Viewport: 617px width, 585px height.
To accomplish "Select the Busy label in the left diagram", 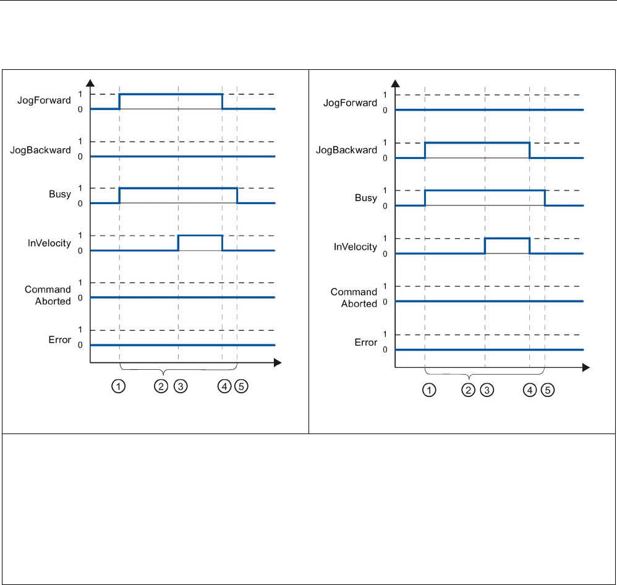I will (61, 195).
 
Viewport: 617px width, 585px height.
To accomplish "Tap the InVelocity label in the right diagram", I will (355, 247).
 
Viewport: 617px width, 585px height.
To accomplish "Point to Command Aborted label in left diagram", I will (48, 295).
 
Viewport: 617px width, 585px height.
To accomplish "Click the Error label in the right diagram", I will (365, 342).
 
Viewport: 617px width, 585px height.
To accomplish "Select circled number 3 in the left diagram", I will (181, 386).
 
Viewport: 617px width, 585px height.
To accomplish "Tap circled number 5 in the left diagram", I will (241, 386).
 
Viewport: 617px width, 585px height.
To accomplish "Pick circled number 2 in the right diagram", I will (469, 390).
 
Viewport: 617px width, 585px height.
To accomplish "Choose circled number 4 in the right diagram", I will (530, 390).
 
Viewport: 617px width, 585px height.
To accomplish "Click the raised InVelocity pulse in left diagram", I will (200, 236).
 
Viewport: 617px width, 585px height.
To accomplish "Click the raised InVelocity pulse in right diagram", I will (507, 239).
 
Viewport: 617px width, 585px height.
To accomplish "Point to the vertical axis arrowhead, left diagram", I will (91, 82).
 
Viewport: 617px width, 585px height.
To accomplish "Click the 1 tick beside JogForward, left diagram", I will (80, 93).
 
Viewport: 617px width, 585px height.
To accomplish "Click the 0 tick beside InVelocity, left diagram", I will (80, 250).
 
